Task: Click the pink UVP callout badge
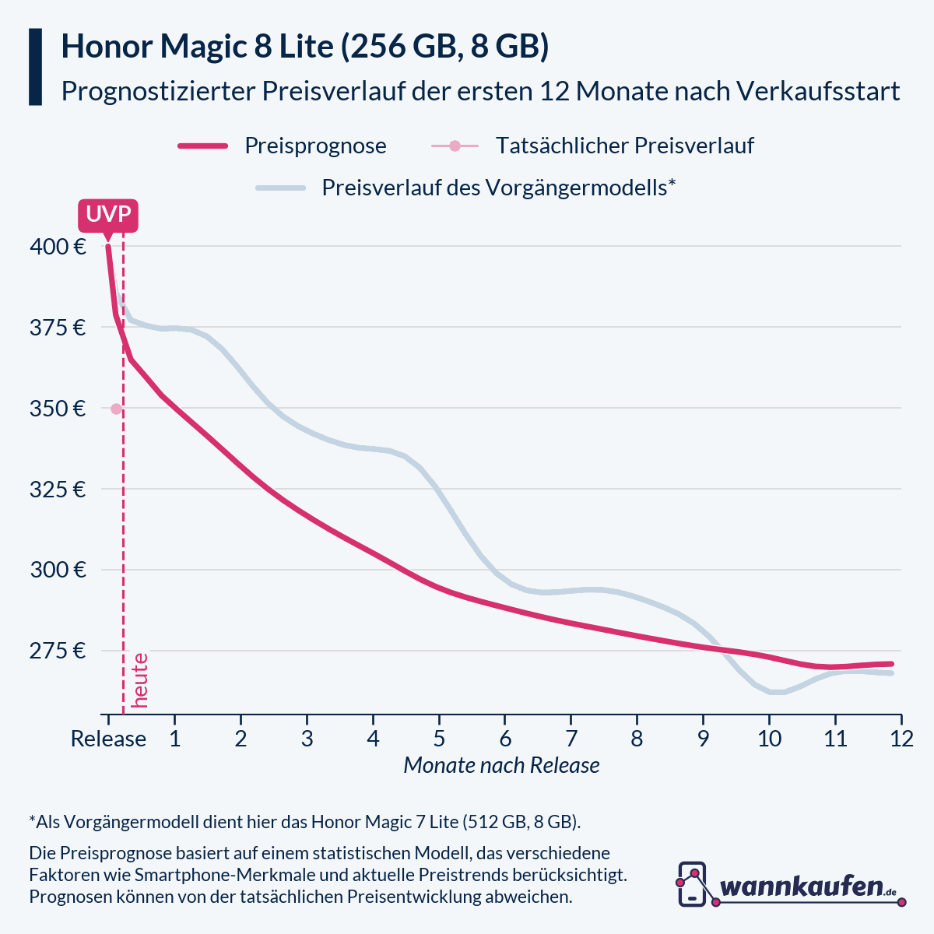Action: [107, 215]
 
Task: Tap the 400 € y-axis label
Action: [58, 247]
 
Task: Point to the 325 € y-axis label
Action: [58, 490]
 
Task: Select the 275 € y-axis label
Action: [58, 651]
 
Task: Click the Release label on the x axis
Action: [108, 739]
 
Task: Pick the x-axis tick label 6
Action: [505, 739]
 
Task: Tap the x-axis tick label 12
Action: [901, 739]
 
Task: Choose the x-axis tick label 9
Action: [703, 739]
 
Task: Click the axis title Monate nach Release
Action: [501, 765]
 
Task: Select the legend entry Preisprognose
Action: [315, 146]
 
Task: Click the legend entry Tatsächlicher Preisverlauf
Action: [624, 146]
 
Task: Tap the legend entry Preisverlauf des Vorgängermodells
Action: [498, 188]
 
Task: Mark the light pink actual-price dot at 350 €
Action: [116, 409]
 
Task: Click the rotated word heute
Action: [140, 680]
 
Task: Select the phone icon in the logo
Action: [692, 883]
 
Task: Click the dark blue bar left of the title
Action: [35, 67]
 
